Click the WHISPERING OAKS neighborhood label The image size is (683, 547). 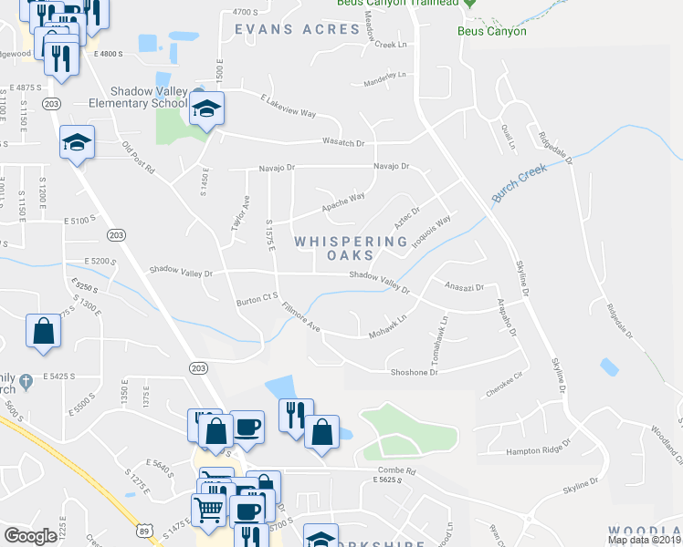pos(352,248)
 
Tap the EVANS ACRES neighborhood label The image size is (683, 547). pos(297,29)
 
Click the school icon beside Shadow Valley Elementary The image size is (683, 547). pos(207,109)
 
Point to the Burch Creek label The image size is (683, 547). pos(519,182)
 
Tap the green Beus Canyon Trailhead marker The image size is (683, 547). pos(469,3)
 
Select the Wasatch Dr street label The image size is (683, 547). pos(342,142)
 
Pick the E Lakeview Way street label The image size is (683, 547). pos(288,107)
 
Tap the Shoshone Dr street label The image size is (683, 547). pos(415,372)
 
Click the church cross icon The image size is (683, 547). pos(27,379)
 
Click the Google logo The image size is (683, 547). pos(30,536)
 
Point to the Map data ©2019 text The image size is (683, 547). pos(645,540)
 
